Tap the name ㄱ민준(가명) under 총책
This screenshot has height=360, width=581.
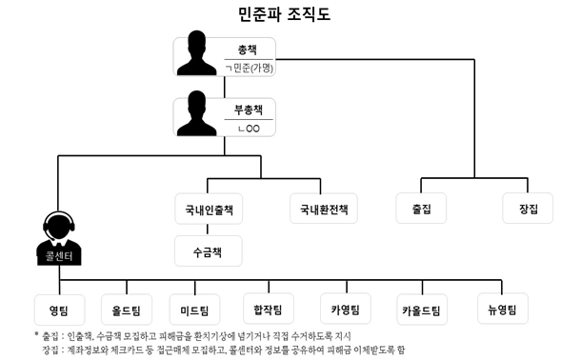pos(250,67)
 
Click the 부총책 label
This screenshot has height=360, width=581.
pos(249,109)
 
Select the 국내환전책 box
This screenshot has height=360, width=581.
pos(324,209)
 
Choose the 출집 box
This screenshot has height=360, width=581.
pos(422,209)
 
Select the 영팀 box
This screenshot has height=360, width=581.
pos(59,309)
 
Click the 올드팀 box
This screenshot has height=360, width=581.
pos(127,309)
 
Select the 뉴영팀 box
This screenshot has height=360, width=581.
pos(502,309)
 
